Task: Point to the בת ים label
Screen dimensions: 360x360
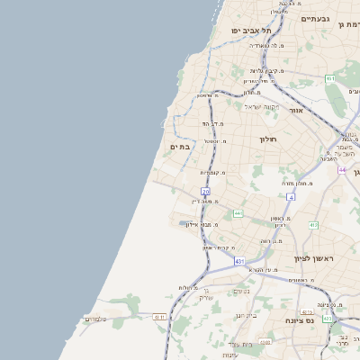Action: tap(181, 146)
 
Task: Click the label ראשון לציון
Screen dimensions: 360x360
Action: tap(313, 258)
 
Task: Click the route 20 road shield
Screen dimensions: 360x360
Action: tap(205, 192)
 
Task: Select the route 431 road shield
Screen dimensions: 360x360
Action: tap(239, 261)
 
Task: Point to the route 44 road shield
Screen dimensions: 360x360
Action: tap(342, 168)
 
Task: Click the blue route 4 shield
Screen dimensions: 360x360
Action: tap(291, 196)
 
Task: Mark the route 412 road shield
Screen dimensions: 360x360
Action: tap(313, 224)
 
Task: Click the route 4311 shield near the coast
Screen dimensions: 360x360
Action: tap(159, 317)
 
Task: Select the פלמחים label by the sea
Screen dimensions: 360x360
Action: tap(94, 319)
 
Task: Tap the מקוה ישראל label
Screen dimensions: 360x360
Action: tap(261, 107)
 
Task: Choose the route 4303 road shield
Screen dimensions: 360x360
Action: tap(327, 319)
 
